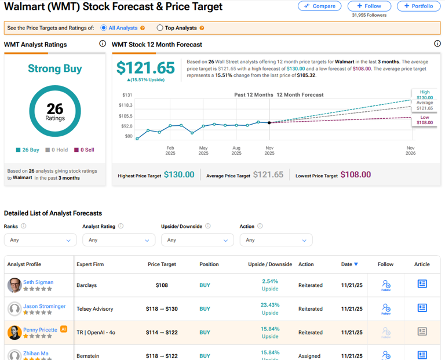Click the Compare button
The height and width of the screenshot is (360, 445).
(320, 6)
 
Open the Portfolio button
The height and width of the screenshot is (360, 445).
(418, 6)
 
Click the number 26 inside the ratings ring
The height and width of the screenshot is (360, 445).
(55, 108)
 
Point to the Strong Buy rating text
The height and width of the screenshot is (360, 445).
(55, 69)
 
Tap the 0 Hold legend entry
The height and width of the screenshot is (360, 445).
(57, 150)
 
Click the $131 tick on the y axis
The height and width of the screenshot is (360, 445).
(127, 95)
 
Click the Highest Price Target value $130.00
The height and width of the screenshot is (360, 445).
(179, 174)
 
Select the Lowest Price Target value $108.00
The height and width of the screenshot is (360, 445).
(355, 174)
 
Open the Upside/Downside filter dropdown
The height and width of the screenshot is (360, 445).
(197, 240)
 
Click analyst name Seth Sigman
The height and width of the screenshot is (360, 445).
(38, 282)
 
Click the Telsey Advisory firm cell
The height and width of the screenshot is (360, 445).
(94, 309)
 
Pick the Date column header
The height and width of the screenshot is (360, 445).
(349, 264)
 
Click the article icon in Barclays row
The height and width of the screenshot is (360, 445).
(422, 284)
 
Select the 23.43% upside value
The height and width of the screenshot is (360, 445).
(270, 305)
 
